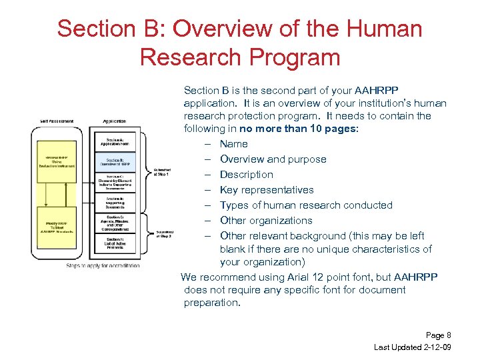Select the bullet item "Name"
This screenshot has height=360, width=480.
tap(233, 144)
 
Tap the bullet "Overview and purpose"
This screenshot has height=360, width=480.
tap(273, 159)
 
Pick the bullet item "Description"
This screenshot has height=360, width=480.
tap(246, 175)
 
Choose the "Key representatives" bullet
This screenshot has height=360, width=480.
tap(267, 190)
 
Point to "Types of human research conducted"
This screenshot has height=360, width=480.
tap(306, 205)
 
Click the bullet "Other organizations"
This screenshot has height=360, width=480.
tap(266, 221)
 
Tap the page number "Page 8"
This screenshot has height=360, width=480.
tap(438, 335)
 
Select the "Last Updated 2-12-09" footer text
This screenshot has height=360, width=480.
tap(413, 347)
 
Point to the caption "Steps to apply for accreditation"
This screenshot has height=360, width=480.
tap(103, 265)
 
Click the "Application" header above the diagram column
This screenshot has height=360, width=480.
tap(115, 121)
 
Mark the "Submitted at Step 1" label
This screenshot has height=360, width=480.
tap(162, 171)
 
